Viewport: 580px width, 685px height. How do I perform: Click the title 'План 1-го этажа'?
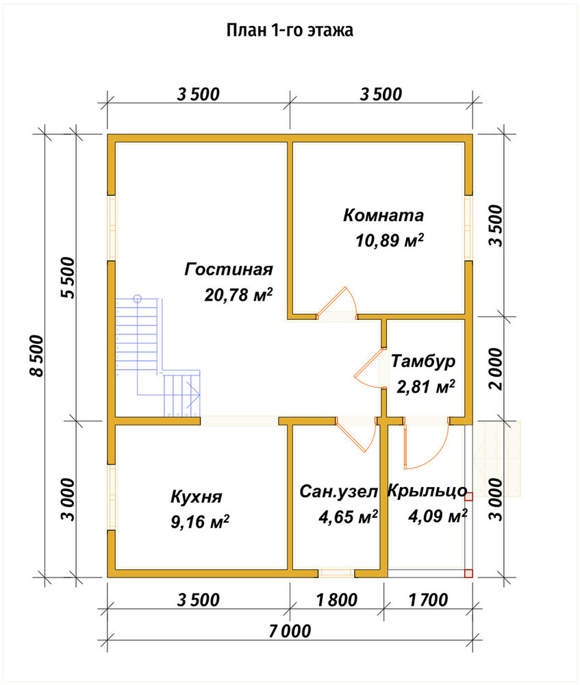tap(290, 31)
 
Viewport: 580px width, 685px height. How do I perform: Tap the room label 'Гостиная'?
tap(229, 269)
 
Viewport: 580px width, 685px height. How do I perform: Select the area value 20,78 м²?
tap(238, 295)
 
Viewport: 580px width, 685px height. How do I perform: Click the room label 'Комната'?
tap(383, 215)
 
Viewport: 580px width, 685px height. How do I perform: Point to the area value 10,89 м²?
tap(390, 240)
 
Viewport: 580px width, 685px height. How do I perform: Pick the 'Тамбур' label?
tap(423, 362)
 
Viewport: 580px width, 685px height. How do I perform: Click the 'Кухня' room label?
tap(196, 497)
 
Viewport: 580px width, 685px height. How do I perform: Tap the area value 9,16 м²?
tap(199, 521)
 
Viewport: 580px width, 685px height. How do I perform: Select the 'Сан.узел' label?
tap(338, 492)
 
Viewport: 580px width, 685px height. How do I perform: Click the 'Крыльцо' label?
tap(427, 491)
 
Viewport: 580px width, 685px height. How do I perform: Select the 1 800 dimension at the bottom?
tap(337, 600)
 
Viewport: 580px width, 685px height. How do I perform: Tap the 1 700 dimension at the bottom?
tap(428, 600)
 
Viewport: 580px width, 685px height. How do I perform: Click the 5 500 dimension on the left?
tap(68, 277)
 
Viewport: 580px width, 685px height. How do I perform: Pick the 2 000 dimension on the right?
tap(496, 369)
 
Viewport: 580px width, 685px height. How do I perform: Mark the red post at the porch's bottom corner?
tap(468, 573)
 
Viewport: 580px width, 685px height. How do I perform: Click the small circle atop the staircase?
tap(138, 299)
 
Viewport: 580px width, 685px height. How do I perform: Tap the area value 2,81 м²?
tap(426, 386)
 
